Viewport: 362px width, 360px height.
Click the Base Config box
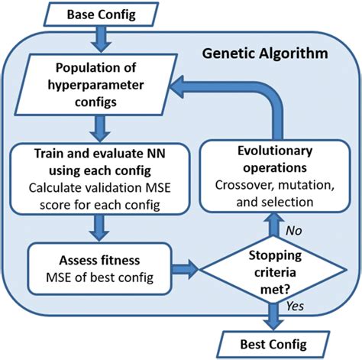[99, 14]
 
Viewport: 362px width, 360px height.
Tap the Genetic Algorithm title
[264, 54]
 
